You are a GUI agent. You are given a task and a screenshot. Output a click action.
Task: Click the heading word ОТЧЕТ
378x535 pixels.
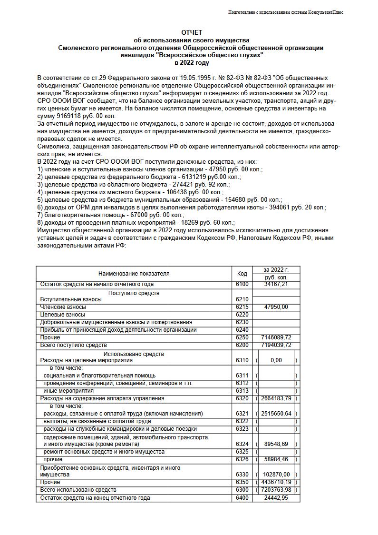tap(192, 32)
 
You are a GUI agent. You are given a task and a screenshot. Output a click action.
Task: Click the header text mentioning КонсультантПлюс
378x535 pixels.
tap(286, 12)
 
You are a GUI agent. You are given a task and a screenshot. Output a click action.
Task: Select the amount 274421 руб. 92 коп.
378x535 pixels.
tap(195, 185)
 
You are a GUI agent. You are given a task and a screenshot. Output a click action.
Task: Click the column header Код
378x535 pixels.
tap(242, 274)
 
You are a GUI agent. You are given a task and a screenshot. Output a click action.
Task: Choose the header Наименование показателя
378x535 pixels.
tap(134, 274)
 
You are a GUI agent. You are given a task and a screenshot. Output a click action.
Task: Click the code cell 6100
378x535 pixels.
tap(242, 285)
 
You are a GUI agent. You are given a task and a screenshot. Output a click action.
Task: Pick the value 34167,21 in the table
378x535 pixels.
tap(276, 285)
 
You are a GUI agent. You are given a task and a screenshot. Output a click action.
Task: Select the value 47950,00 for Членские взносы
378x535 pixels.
tap(276, 307)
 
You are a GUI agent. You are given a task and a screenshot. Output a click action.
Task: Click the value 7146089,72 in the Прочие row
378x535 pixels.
tap(276, 338)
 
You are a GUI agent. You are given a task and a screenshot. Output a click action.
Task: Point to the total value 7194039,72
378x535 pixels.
tap(276, 346)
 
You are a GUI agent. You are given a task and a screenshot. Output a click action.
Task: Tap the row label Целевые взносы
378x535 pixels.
tap(63, 315)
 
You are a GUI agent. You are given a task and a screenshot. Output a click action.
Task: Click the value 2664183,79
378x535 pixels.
tap(276, 399)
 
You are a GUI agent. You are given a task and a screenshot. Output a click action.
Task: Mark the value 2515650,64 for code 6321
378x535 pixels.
tap(276, 414)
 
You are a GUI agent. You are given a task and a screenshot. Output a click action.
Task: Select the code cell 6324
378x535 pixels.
tap(242, 445)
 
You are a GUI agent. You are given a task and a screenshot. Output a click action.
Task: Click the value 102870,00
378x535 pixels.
tap(276, 475)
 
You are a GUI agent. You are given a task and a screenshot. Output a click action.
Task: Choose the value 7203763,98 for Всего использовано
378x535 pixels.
tap(276, 490)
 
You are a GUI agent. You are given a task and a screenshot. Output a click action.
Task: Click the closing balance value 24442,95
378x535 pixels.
tap(276, 498)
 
